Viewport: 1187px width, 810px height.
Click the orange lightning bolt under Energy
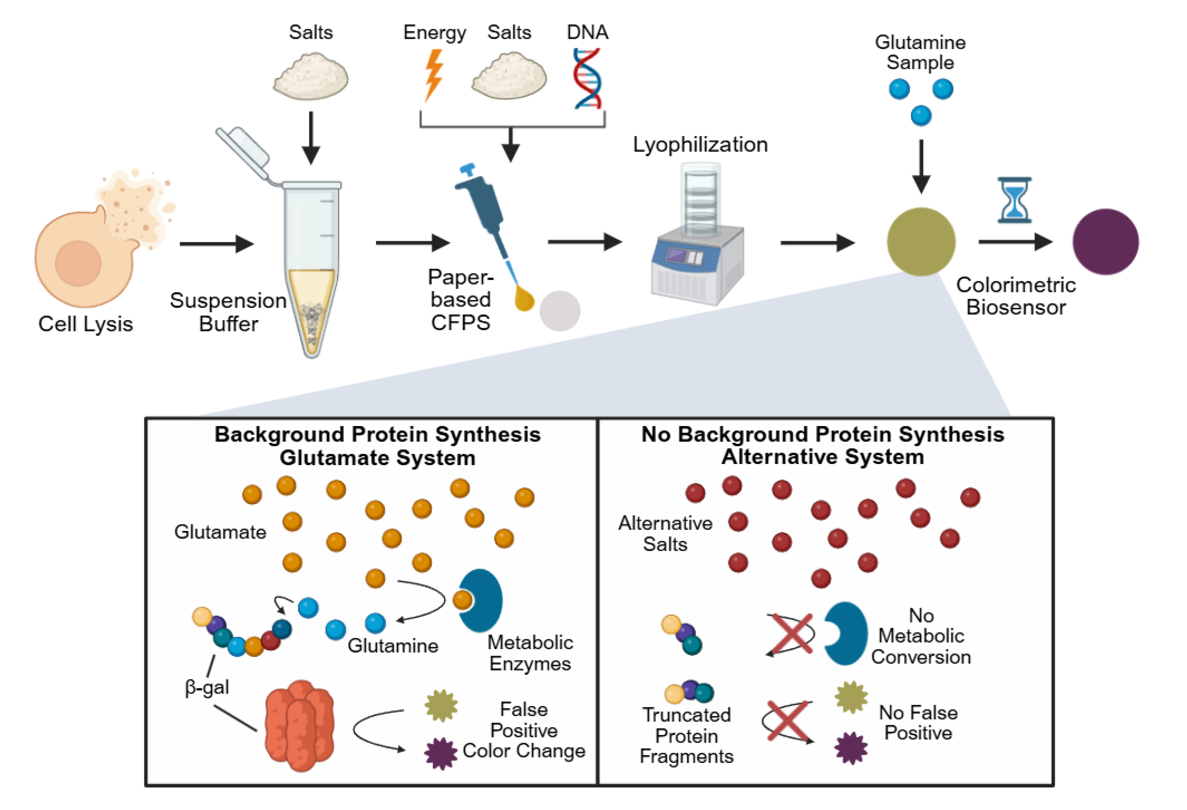(433, 76)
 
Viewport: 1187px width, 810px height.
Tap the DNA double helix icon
(587, 78)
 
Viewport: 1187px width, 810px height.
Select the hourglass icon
(1014, 200)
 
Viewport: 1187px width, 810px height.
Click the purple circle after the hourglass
(1105, 242)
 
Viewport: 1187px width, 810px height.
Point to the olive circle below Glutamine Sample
(921, 242)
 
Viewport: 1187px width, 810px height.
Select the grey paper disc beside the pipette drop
(560, 311)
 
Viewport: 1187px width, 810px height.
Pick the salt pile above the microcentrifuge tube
(311, 77)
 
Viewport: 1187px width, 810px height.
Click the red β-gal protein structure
(300, 726)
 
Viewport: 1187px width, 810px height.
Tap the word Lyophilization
(700, 144)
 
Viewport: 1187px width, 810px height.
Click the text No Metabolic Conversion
(921, 636)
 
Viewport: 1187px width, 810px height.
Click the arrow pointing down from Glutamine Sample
(921, 166)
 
